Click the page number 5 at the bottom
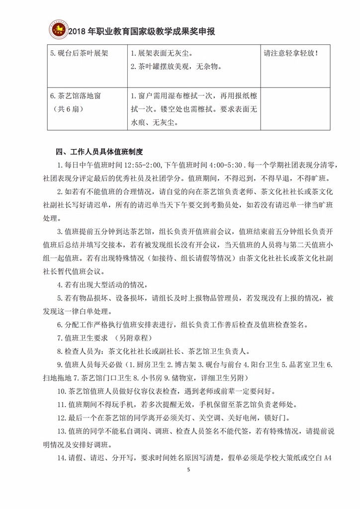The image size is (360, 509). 188,470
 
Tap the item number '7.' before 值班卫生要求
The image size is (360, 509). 61,338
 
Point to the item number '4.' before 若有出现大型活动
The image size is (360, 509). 61,285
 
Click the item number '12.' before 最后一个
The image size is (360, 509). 63,417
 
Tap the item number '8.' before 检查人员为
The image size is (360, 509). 61,351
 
